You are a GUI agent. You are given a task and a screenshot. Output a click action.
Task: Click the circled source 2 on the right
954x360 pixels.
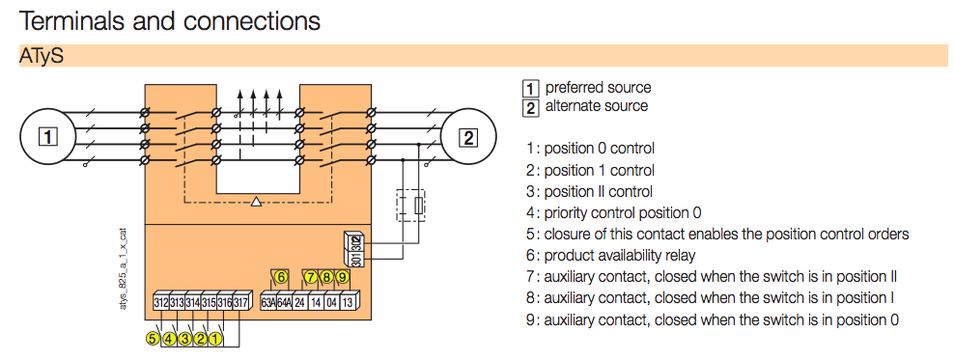click(x=467, y=136)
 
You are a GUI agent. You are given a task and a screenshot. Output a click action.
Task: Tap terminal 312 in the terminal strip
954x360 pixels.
click(x=161, y=303)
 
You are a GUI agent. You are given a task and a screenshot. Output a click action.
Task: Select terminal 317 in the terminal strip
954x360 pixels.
click(x=240, y=303)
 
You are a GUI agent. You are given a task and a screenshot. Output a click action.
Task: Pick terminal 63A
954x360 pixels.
click(x=268, y=303)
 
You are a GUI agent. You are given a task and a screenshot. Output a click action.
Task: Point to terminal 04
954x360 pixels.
click(x=331, y=303)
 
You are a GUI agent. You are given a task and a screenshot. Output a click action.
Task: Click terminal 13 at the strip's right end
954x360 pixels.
click(x=347, y=303)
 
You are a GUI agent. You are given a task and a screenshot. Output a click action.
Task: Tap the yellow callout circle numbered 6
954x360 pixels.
click(x=281, y=277)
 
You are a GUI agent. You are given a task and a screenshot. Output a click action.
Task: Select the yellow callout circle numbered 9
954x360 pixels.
click(x=342, y=277)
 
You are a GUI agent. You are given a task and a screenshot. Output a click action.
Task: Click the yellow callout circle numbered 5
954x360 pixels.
click(x=153, y=338)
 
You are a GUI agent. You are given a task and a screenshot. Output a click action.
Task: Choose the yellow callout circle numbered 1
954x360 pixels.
click(x=215, y=338)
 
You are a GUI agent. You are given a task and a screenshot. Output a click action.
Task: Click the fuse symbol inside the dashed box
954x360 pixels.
click(x=417, y=206)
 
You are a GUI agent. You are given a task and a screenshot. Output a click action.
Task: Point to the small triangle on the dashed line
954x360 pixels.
click(x=256, y=202)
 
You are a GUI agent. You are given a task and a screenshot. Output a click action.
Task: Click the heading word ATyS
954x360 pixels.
click(x=41, y=57)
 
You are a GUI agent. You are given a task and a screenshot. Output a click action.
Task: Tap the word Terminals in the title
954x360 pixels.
click(x=71, y=19)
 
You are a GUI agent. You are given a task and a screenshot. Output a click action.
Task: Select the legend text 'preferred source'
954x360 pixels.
click(x=598, y=88)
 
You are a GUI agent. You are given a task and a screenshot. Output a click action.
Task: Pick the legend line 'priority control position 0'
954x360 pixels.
click(x=623, y=212)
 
